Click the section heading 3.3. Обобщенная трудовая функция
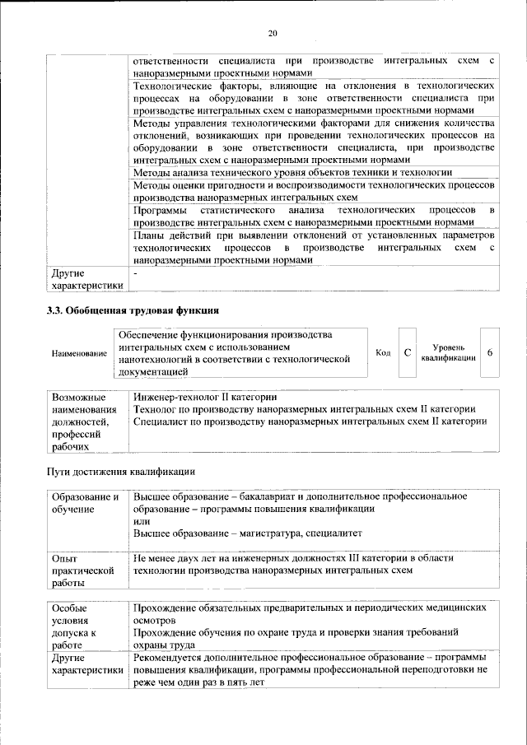click(131, 310)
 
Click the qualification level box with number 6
click(490, 352)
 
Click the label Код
click(382, 352)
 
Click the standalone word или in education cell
click(142, 521)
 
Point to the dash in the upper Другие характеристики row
click(136, 272)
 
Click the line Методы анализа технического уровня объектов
click(291, 172)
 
